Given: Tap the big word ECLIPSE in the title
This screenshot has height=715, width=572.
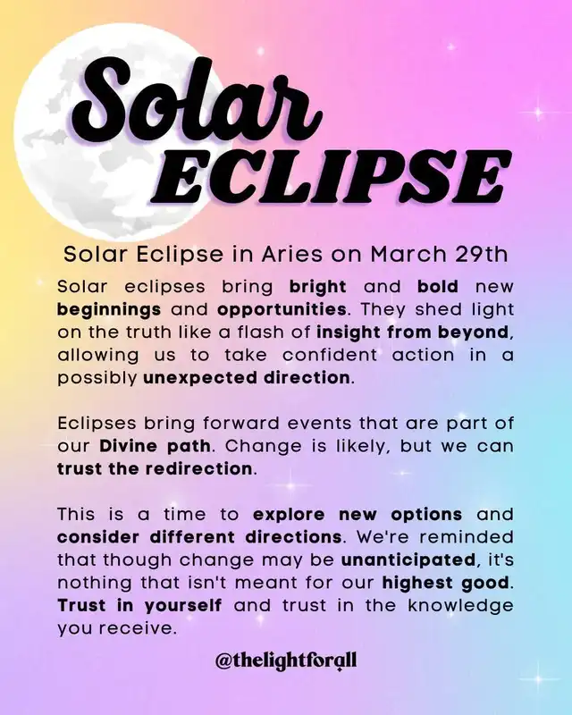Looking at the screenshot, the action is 331,179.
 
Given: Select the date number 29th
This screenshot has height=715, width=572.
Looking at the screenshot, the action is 481,255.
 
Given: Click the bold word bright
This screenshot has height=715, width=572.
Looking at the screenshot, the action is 318,287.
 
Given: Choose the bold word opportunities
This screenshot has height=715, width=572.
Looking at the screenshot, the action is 282,310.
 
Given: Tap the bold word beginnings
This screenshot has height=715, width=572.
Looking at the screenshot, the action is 109,310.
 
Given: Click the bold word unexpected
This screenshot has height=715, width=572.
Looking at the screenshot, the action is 199,378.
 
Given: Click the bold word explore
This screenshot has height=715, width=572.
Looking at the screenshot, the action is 289,516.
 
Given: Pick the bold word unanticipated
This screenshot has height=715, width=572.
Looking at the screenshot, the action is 408,560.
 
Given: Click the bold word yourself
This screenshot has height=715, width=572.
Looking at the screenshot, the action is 183,607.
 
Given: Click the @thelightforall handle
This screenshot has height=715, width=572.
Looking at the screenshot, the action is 286,660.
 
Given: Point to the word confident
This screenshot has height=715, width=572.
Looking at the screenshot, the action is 330,355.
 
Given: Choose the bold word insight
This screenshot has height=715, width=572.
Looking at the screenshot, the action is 349,332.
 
